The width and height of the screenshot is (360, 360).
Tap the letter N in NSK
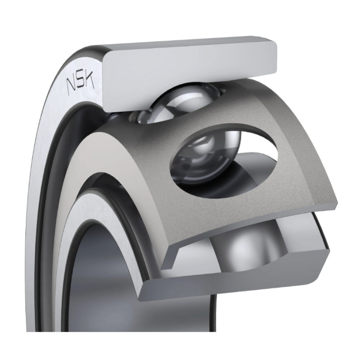71,86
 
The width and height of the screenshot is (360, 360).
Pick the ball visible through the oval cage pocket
207,156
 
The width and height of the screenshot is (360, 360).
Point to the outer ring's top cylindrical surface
184,44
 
